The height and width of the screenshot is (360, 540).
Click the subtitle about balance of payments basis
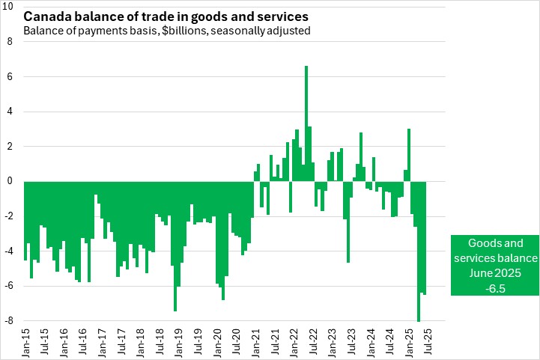coord(166,31)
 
